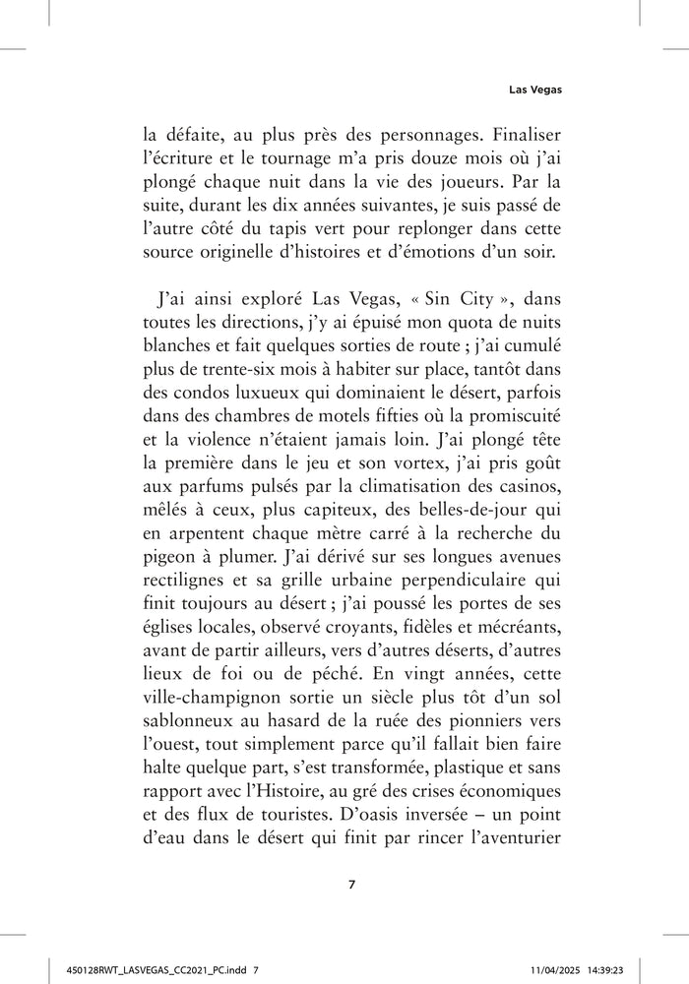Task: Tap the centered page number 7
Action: [351, 884]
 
